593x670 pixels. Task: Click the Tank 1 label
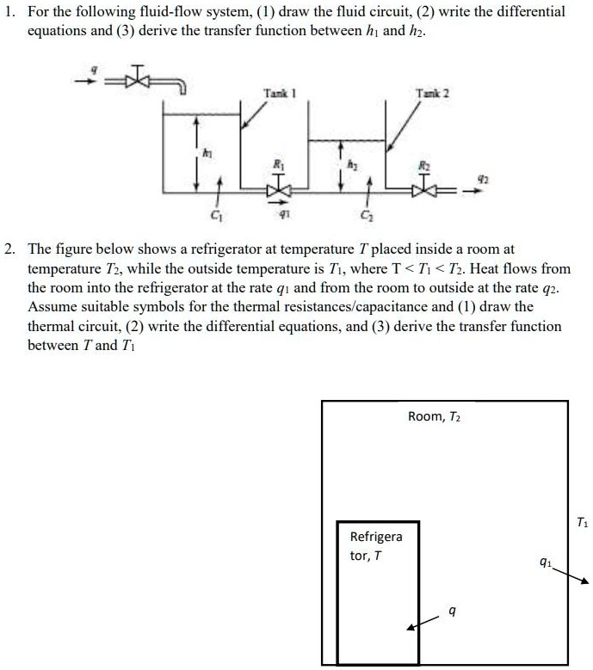tap(275, 92)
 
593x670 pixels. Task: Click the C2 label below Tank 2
tap(366, 215)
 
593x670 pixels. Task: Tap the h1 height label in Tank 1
tap(207, 152)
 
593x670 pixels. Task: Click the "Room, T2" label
tap(435, 417)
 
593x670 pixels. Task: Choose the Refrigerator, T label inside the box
tap(375, 546)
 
